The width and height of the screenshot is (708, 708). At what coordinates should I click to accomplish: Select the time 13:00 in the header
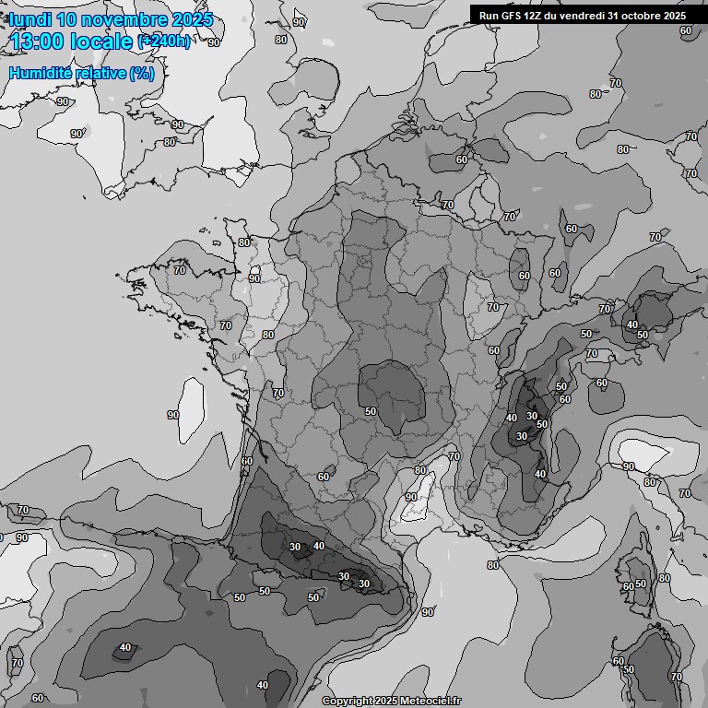(41, 41)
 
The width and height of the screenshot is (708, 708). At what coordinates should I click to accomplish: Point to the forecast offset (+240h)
(164, 41)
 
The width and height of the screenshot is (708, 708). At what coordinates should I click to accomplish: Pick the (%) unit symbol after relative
(141, 73)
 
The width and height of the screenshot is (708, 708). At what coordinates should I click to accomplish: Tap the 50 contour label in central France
(371, 411)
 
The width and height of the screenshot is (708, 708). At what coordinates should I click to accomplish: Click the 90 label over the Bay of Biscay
(173, 415)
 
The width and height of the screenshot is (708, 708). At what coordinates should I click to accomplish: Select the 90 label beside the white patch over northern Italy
(629, 466)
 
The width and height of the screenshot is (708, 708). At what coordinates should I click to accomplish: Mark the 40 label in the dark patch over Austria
(631, 324)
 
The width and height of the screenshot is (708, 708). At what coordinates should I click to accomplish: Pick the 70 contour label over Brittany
(180, 270)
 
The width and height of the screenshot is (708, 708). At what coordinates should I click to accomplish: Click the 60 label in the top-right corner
(685, 30)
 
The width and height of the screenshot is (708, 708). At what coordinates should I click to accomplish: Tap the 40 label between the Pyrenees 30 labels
(319, 546)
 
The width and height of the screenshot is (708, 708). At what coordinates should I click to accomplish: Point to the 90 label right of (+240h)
(214, 42)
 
